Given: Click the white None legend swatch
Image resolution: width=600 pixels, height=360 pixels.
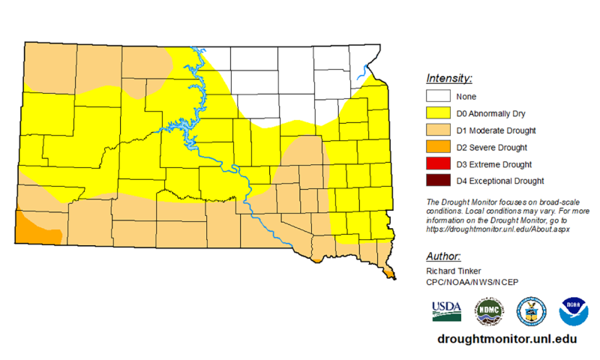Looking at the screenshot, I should click(x=438, y=97).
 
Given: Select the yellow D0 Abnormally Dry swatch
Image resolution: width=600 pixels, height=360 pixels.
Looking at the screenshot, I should click(x=438, y=113).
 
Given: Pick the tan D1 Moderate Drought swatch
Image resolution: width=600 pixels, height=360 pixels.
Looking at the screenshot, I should click(x=438, y=130).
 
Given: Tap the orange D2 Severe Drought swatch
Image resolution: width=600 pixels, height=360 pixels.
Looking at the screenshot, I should click(x=438, y=147).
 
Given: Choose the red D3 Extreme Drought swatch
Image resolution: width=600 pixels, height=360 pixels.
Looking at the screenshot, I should click(x=438, y=163).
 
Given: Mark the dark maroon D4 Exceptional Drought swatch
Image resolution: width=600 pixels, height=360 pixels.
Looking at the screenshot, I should click(x=438, y=180).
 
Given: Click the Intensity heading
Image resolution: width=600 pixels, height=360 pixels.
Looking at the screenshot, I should click(x=448, y=78).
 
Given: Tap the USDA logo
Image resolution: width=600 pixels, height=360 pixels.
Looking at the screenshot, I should click(x=446, y=310).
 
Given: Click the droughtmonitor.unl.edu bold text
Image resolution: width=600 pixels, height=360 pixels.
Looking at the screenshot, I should click(x=506, y=339).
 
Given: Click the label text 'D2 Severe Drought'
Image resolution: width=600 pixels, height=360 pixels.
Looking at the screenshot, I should click(x=491, y=147).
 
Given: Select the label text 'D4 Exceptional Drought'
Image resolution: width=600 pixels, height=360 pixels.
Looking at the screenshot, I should click(x=499, y=180).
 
